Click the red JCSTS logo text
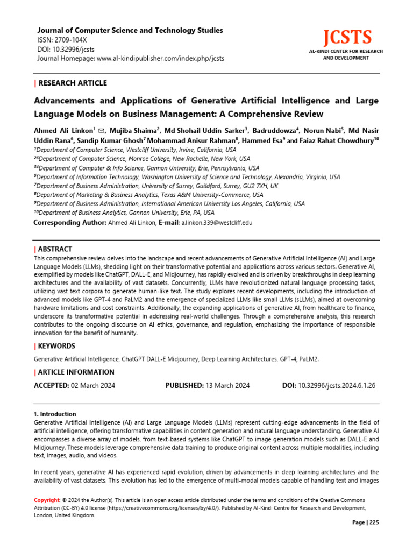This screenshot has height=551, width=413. [347, 38]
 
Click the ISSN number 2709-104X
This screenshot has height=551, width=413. [73, 40]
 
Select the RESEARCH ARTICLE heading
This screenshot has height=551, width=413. [73, 83]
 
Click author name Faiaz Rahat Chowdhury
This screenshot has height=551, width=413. [336, 140]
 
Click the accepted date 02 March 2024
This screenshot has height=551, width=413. [93, 386]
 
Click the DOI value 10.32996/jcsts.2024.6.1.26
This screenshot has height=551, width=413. [337, 386]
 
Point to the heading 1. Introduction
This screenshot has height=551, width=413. [55, 414]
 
